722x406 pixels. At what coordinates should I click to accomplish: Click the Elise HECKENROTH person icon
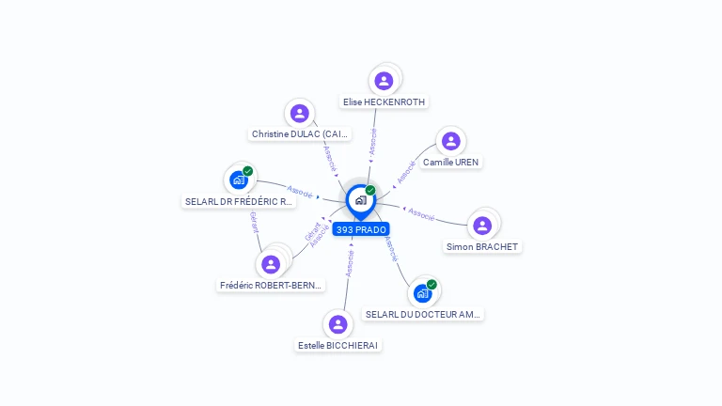(384, 81)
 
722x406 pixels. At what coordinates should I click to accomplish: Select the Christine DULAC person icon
(300, 114)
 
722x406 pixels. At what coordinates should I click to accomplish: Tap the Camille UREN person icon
(451, 141)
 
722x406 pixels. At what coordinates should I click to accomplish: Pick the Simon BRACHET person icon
(482, 226)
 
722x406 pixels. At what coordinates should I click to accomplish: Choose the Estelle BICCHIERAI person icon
(338, 324)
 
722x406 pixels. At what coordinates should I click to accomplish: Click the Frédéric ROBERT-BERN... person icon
(272, 264)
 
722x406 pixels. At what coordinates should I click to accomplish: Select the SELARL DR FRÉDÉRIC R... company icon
(239, 180)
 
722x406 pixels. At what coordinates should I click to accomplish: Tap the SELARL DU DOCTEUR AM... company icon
(423, 293)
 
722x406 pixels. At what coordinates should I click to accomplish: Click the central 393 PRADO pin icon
(360, 199)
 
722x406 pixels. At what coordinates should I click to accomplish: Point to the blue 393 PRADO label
(361, 229)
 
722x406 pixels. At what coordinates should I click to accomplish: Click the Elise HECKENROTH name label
(385, 101)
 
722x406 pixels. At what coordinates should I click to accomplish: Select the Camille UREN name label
(451, 162)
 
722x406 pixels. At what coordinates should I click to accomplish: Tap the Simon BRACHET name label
(482, 246)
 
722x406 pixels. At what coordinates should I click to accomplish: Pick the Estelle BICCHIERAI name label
(337, 345)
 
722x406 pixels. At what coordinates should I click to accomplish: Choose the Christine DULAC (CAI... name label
(300, 134)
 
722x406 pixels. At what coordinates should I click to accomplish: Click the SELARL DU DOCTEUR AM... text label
(423, 314)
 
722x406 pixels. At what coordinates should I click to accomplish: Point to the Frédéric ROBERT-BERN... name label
(271, 285)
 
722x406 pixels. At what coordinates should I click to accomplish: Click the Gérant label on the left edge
(254, 222)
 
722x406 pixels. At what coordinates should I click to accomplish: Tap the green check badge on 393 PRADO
(370, 190)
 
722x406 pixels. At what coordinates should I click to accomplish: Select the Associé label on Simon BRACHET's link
(421, 215)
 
